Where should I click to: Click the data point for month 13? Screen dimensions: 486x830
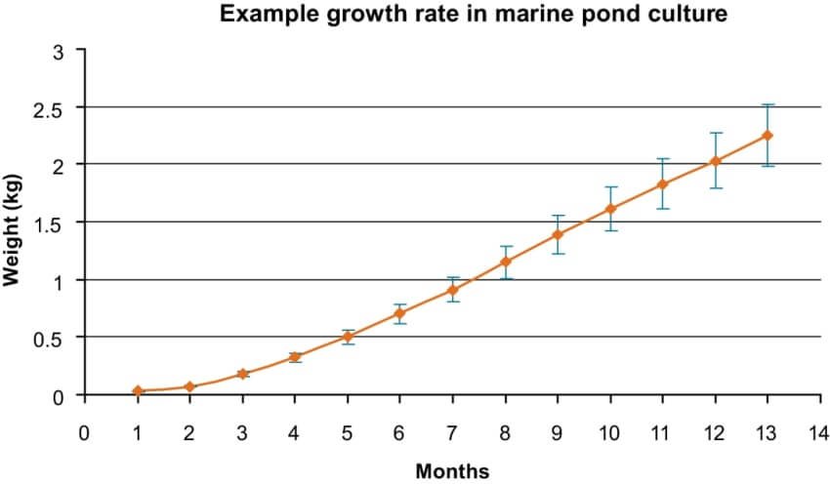click(x=768, y=136)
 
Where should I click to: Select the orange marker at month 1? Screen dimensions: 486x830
click(x=138, y=390)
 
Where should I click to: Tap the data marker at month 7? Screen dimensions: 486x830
click(x=453, y=290)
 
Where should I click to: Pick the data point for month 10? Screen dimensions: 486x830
click(x=610, y=209)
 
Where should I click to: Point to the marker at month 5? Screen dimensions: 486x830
click(x=348, y=337)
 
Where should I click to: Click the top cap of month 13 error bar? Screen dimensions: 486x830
click(x=768, y=104)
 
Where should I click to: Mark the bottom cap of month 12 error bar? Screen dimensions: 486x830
click(x=715, y=187)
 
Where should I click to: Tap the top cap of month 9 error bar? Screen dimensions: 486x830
click(x=558, y=216)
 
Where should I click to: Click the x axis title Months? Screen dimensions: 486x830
click(x=452, y=471)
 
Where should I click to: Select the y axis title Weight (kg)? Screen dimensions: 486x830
click(x=14, y=224)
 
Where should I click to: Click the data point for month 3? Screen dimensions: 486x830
click(x=242, y=374)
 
